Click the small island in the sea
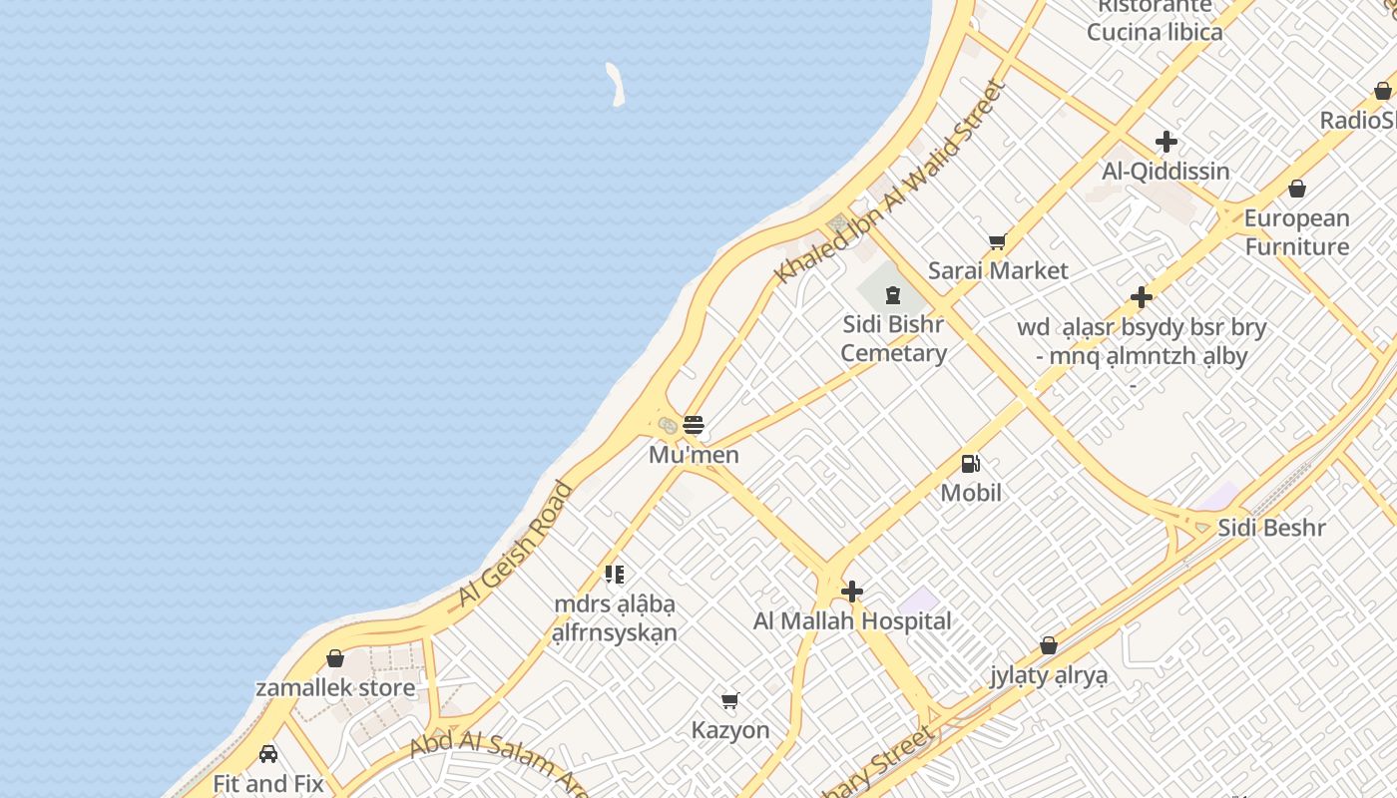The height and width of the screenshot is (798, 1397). point(616,84)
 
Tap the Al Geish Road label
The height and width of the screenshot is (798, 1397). point(515,545)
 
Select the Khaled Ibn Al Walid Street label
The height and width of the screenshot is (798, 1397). point(890,182)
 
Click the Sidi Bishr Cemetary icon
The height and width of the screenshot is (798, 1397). point(892,295)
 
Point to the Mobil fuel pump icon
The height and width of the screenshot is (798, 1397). point(970,464)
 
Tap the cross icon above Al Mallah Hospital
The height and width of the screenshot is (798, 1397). point(852,593)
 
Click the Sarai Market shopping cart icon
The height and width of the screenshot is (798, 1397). point(996,242)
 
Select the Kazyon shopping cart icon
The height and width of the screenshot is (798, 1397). point(730,701)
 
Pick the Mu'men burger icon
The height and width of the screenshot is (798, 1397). point(694,426)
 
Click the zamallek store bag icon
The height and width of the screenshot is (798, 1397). point(335,659)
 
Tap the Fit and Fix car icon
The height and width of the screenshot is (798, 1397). point(267,754)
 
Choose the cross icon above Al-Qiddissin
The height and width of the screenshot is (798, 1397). point(1165,142)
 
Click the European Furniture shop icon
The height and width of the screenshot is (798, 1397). point(1297,189)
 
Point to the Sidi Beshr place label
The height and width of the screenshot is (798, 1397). point(1272,528)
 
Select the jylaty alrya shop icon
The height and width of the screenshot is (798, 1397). point(1049,646)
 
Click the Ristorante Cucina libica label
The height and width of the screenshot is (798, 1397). point(1155,19)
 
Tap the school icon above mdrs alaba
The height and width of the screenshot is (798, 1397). point(615,575)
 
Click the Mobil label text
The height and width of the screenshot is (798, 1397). point(971,493)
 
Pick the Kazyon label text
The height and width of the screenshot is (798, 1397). point(730,730)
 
